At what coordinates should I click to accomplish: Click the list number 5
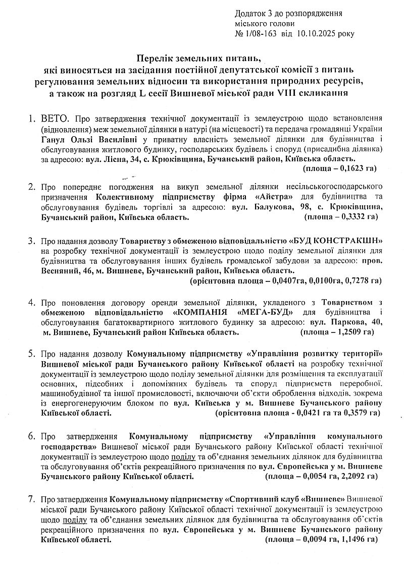pyautogui.click(x=31, y=354)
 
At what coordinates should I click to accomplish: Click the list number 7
pyautogui.click(x=31, y=499)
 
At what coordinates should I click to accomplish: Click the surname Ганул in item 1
pyautogui.click(x=53, y=139)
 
